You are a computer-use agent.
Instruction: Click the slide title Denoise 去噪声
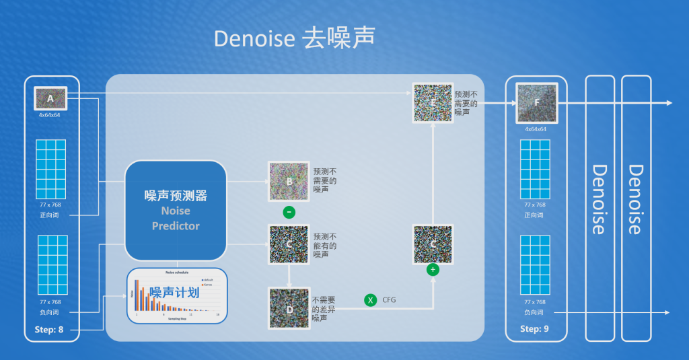(x=294, y=38)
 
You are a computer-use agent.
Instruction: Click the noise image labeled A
(x=50, y=99)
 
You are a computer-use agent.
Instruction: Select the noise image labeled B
(x=289, y=181)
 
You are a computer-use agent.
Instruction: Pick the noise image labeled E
(x=431, y=102)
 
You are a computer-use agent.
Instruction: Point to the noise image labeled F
(x=536, y=103)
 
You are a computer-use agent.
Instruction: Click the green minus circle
(x=289, y=213)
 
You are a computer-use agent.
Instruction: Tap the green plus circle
(x=432, y=270)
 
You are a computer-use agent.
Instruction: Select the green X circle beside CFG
(x=370, y=300)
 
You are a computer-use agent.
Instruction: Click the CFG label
(x=390, y=300)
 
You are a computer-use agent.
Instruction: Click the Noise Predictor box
(x=176, y=210)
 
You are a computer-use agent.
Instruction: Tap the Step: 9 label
(x=536, y=329)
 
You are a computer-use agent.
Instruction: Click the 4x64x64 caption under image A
(x=50, y=115)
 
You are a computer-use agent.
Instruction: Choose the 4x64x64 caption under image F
(x=536, y=129)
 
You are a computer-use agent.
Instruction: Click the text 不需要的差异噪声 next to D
(x=324, y=308)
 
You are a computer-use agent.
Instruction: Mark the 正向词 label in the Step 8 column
(x=50, y=216)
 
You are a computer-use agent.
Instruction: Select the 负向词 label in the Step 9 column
(x=536, y=312)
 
